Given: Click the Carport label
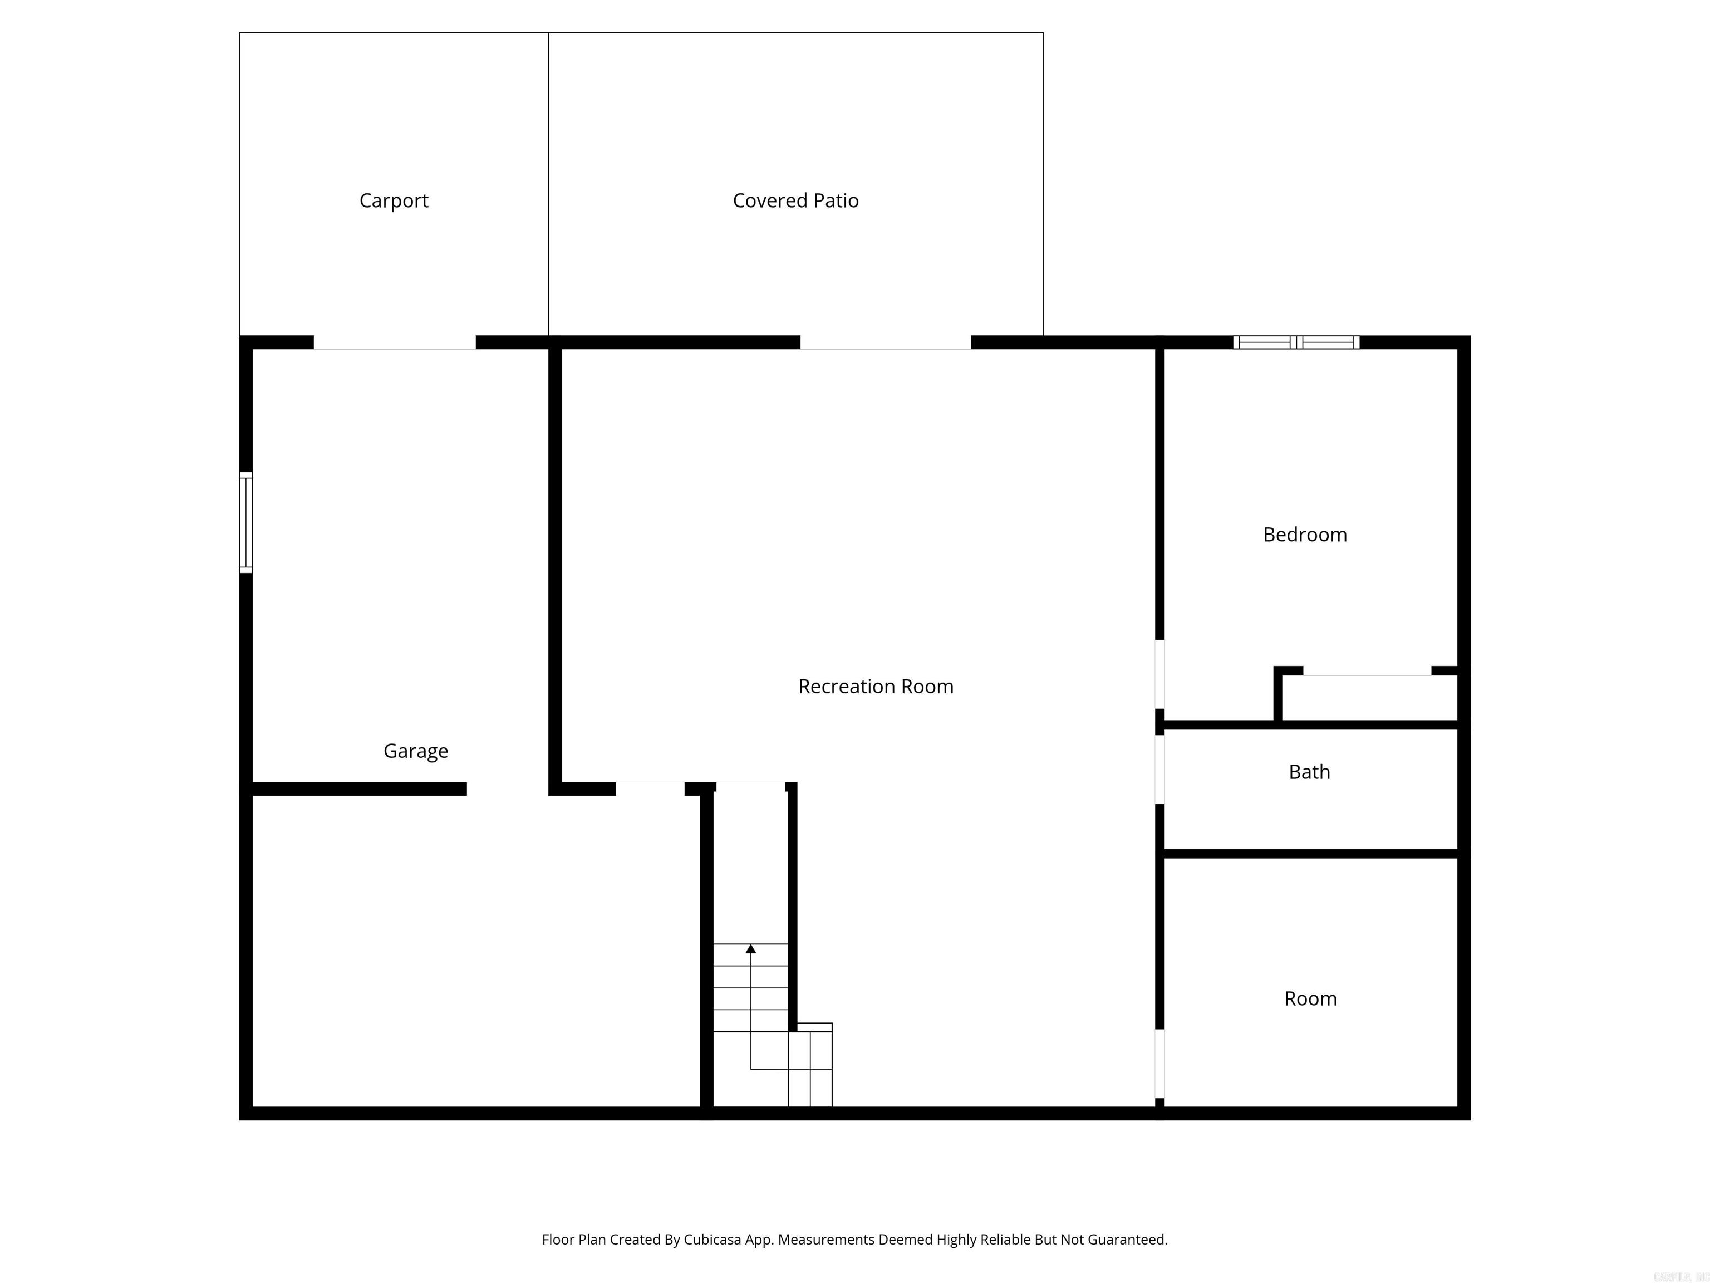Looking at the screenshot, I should [394, 201].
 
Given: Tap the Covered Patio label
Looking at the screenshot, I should [795, 201].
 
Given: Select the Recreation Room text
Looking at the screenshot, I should [875, 687].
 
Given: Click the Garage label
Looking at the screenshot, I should [415, 751].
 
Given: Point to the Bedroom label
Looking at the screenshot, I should [1304, 535].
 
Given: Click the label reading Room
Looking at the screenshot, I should [1310, 998].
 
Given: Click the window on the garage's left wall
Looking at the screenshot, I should [246, 522].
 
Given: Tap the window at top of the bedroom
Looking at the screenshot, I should [1296, 342].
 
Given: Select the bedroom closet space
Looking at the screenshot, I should [1367, 698].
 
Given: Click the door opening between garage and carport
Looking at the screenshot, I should [394, 342].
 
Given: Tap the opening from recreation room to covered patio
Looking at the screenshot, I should [885, 342].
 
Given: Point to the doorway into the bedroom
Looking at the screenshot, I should [1159, 674].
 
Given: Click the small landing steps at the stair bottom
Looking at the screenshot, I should [810, 1067].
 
